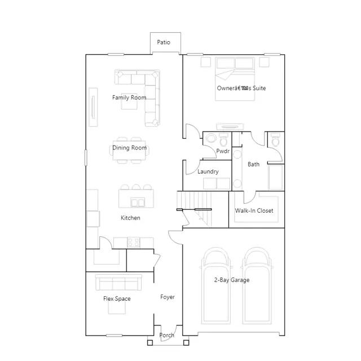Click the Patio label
point(164,42)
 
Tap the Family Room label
point(129,98)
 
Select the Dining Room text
point(130,148)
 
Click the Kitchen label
point(130,218)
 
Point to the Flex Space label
point(117,298)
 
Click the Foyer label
point(168,297)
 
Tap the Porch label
point(166,335)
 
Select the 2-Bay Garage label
point(231,280)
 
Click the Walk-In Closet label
point(254,210)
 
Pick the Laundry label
point(208,171)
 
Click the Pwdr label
point(222,151)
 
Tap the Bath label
point(254,164)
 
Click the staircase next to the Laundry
point(192,205)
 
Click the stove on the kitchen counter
point(134,242)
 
